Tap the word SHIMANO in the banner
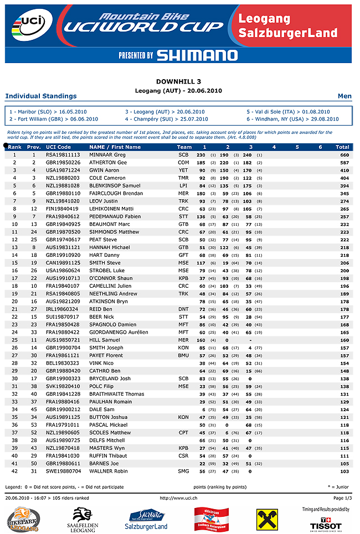(x=197, y=55)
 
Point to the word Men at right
(x=344, y=96)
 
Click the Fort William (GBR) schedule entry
(x=54, y=119)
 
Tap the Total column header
(x=342, y=147)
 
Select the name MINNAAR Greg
(x=107, y=155)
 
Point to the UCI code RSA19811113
(x=63, y=155)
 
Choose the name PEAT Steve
(x=103, y=240)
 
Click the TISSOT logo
(x=326, y=523)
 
